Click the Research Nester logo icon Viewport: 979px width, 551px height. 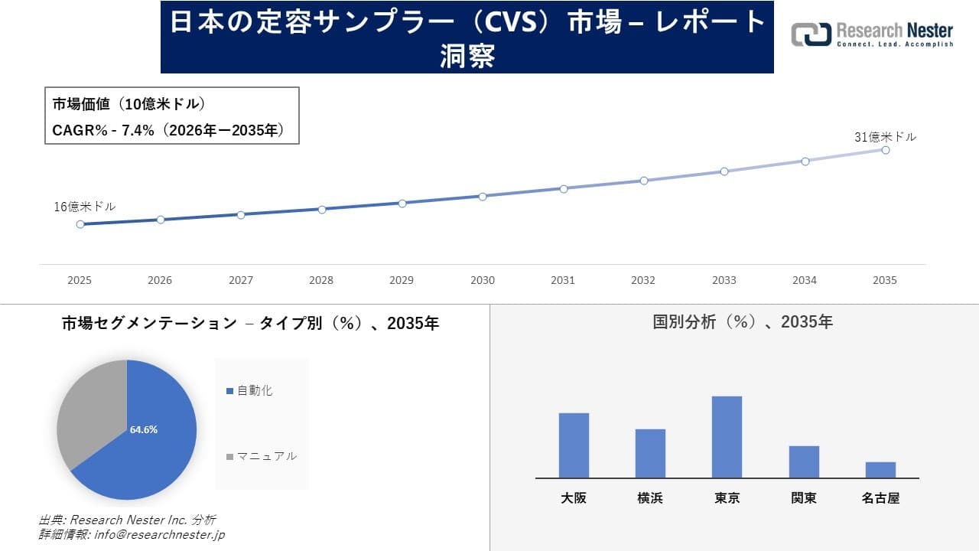[811, 34]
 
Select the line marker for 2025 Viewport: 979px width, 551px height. [80, 224]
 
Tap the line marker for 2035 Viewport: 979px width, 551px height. [886, 150]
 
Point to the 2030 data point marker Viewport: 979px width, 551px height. [483, 196]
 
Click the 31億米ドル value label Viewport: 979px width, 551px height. [885, 137]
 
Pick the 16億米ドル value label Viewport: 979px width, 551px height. [84, 207]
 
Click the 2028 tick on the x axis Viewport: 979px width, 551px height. [321, 280]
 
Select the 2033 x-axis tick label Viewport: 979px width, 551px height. [724, 280]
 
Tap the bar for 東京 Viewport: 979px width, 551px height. [727, 437]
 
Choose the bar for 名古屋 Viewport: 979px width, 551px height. [880, 470]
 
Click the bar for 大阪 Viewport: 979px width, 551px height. [574, 445]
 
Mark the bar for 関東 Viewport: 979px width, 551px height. [804, 461]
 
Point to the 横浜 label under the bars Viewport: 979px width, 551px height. [650, 498]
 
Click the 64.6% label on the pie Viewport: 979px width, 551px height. [144, 429]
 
